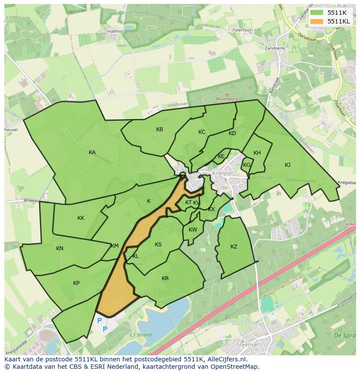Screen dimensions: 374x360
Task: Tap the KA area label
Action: pos(92,152)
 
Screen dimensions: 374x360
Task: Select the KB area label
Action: pos(160,129)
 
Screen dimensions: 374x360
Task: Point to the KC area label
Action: pos(202,132)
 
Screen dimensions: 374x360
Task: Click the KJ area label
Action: pos(287,165)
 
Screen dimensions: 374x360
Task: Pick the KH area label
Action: pos(257,153)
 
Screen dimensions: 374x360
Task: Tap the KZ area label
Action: pos(234,247)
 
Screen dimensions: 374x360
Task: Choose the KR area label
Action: pos(165,278)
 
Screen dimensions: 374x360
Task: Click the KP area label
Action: pos(76,283)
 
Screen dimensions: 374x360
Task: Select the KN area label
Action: pos(60,248)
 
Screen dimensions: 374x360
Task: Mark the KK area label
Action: pos(81,218)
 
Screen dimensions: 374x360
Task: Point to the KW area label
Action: pos(193,230)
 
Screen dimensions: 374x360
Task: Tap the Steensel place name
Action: pos(248,344)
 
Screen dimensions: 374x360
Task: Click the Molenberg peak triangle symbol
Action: pos(226,94)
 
